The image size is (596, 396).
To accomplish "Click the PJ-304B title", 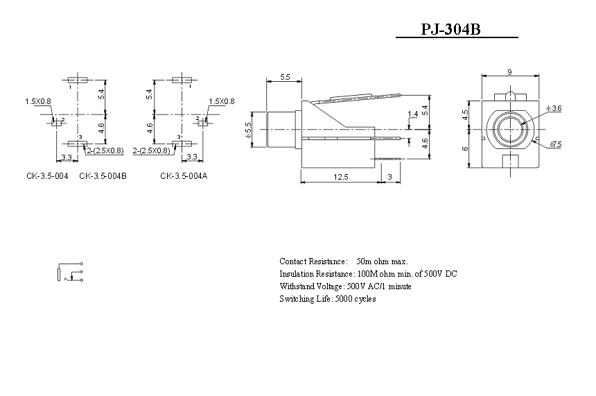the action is [x=450, y=29].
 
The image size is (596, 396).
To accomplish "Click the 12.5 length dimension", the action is [x=340, y=177].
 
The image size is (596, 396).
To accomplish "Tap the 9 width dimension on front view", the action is [x=509, y=72].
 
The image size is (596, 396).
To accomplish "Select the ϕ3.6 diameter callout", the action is [x=554, y=108].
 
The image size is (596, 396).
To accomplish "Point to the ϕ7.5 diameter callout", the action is [x=555, y=144].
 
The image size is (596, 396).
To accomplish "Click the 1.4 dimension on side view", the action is [x=412, y=114].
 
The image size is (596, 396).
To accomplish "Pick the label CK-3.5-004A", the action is [x=184, y=176].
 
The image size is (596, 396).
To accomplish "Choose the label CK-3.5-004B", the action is [x=103, y=176].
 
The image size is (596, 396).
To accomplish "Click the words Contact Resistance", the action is [x=312, y=261].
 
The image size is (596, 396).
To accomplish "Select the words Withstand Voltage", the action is [x=310, y=286].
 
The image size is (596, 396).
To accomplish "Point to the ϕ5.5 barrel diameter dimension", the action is [x=249, y=130].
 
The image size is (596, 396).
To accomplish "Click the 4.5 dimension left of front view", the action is [x=465, y=114].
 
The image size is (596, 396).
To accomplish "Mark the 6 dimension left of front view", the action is [x=465, y=148].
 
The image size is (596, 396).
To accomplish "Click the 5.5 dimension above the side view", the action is [x=285, y=77].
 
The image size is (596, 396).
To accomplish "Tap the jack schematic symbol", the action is [x=70, y=272].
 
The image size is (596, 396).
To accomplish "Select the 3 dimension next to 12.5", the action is [x=389, y=177].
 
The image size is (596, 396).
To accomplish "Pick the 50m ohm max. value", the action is [x=382, y=261].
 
